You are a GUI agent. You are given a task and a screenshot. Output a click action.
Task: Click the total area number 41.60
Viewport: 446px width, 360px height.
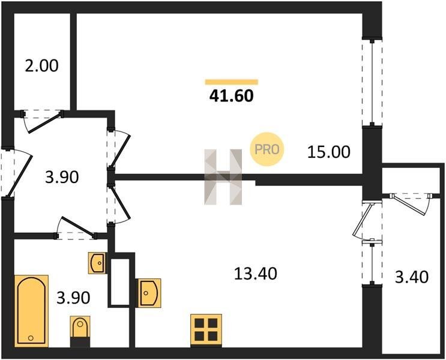231,96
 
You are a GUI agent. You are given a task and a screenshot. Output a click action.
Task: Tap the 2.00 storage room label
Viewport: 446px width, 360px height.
41,65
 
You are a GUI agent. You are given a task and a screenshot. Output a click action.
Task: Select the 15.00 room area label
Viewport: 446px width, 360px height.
329,152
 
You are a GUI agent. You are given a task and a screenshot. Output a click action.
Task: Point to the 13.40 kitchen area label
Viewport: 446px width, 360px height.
256,274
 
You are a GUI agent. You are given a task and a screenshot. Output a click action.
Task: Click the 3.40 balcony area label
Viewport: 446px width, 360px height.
412,277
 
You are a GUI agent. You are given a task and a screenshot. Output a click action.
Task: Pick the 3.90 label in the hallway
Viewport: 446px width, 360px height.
62,177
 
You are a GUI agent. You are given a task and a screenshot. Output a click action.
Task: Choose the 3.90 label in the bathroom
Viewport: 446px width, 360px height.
73,298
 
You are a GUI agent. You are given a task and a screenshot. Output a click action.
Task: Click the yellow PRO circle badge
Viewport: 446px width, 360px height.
267,149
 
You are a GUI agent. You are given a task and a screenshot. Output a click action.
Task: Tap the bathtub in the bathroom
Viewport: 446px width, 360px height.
31,311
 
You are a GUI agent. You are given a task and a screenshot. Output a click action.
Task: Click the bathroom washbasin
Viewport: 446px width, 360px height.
98,263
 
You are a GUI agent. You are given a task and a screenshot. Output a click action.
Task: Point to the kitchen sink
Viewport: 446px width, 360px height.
149,293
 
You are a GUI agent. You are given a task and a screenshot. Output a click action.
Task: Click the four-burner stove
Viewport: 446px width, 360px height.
206,330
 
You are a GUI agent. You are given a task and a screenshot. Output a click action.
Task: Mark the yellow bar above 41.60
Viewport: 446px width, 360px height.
232,82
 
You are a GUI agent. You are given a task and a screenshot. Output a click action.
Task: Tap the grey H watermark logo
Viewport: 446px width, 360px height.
223,177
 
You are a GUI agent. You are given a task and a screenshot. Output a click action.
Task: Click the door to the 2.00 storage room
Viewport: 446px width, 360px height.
42,120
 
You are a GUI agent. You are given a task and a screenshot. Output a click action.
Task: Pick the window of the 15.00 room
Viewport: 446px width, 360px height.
372,82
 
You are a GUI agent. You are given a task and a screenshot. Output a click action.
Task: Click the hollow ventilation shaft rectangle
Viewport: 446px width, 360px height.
121,280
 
